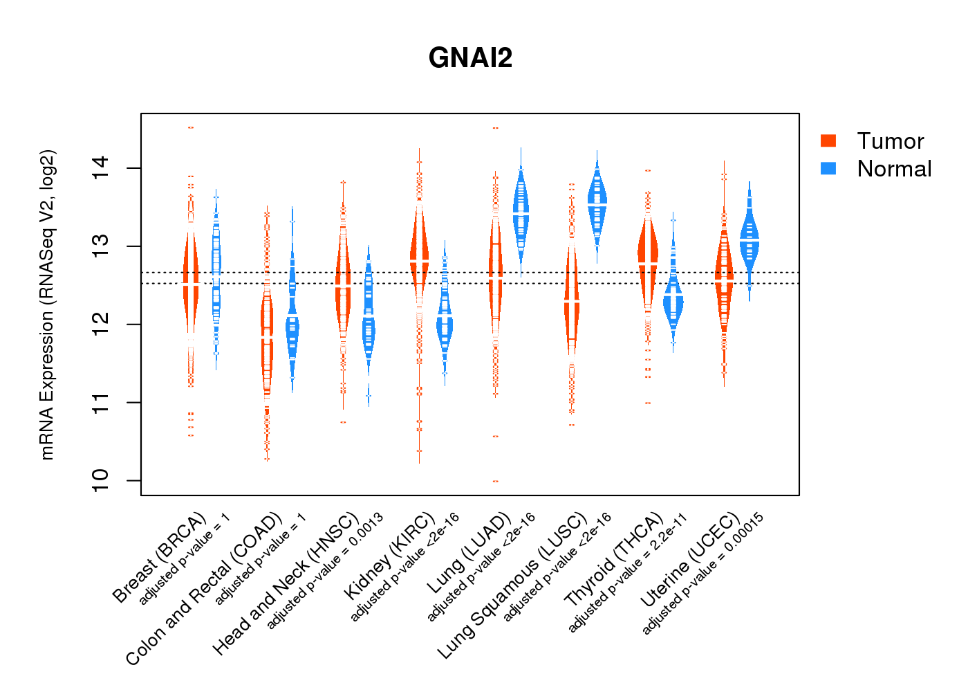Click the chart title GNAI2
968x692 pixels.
[470, 58]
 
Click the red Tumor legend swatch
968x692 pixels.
[828, 140]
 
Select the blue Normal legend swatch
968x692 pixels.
[828, 168]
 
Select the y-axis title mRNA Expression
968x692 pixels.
[47, 304]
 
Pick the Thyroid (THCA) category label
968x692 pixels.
[615, 560]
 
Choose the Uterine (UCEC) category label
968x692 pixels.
[691, 561]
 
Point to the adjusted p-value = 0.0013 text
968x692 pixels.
[325, 571]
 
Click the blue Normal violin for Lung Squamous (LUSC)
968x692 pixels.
[597, 204]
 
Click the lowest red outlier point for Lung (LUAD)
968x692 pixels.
[495, 481]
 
